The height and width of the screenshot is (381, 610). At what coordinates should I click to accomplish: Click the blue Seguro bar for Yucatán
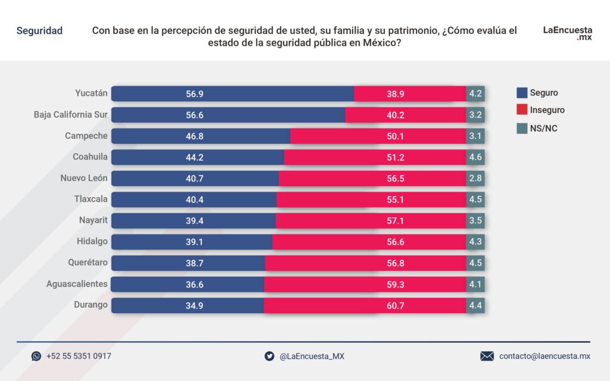click(x=232, y=93)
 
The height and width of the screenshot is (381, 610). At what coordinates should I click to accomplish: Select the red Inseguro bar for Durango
click(x=365, y=305)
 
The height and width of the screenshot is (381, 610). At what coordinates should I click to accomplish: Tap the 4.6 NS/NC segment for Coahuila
click(x=475, y=157)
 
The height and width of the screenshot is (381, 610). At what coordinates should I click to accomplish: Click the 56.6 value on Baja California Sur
click(x=195, y=115)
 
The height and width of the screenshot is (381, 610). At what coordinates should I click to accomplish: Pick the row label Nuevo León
click(x=84, y=178)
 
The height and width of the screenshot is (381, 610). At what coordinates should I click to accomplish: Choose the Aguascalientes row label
click(x=77, y=284)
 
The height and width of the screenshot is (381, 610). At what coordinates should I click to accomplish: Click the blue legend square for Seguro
click(x=522, y=93)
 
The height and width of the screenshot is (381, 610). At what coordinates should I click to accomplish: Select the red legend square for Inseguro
click(x=522, y=110)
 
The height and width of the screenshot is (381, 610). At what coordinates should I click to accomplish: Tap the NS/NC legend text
click(x=543, y=128)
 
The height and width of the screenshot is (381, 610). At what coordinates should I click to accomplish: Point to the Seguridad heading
click(x=39, y=30)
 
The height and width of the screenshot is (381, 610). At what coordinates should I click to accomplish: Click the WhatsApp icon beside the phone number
click(x=36, y=356)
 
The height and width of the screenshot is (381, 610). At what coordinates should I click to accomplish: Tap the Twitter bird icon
click(x=269, y=356)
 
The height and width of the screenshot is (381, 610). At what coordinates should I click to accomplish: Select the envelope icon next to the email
click(x=487, y=356)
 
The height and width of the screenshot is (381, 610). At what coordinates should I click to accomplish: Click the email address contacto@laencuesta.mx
click(x=544, y=356)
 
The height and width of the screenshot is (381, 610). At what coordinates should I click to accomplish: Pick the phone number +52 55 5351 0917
click(x=79, y=356)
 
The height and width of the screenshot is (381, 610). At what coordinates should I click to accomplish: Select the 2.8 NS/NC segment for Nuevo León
click(x=475, y=178)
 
